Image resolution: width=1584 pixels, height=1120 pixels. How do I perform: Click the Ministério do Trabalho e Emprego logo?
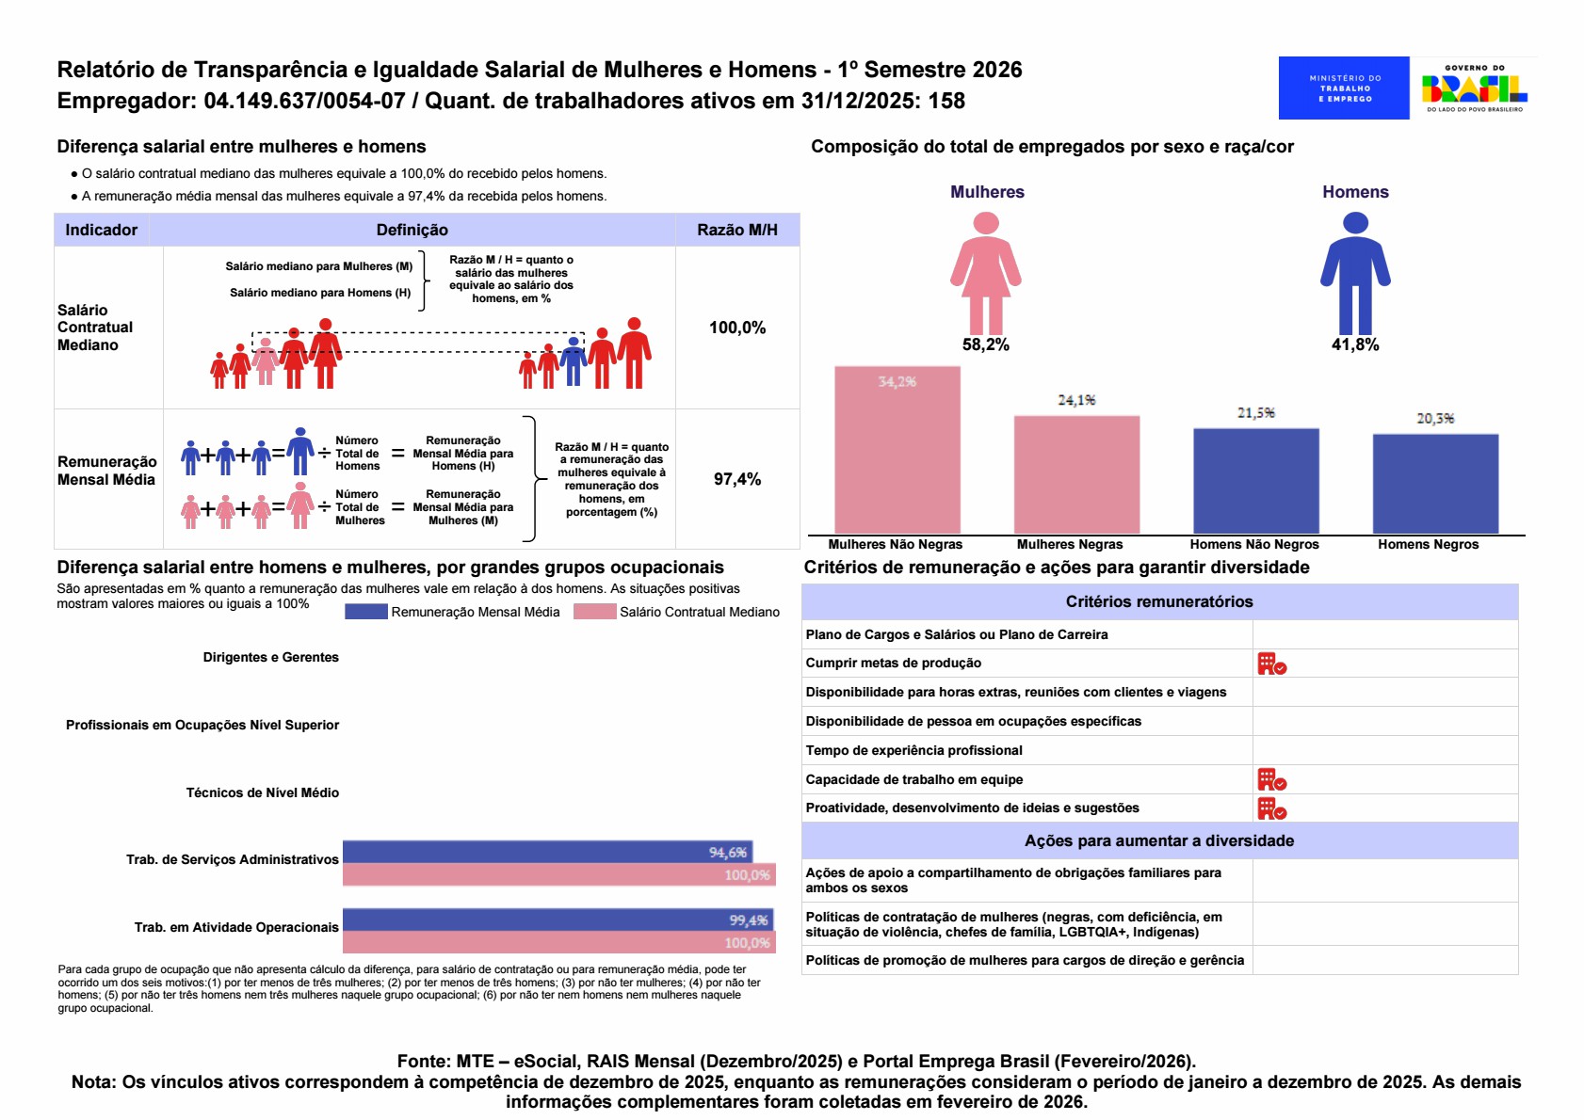coord(1343,88)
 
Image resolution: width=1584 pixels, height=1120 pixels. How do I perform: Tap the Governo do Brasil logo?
coord(1474,88)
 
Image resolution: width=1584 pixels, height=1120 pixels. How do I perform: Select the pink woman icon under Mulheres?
coord(986,273)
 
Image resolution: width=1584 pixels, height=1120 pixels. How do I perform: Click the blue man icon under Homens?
coord(1355,273)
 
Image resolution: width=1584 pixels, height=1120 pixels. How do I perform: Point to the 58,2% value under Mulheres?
coord(986,345)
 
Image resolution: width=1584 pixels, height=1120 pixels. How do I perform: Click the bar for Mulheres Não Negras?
coord(897,450)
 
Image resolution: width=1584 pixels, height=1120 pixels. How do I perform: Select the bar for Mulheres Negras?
coord(1076,474)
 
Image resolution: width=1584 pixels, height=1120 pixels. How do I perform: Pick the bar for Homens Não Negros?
coord(1255,481)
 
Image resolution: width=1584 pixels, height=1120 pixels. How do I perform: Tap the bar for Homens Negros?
coord(1435,484)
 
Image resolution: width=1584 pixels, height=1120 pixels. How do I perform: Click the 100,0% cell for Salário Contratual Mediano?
coord(737,328)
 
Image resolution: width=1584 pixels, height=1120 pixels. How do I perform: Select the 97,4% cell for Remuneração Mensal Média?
coord(737,479)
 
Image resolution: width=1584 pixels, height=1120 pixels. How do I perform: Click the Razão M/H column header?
coord(737,230)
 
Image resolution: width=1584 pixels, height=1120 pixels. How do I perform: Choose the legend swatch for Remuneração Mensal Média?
coord(365,612)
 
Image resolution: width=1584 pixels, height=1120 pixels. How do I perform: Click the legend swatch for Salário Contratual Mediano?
coord(594,612)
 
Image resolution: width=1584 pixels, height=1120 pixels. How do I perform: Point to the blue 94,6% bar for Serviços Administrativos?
coord(546,852)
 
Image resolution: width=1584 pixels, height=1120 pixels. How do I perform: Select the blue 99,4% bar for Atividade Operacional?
coord(558,920)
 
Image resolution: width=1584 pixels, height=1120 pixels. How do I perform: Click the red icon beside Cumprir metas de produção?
coord(1271,664)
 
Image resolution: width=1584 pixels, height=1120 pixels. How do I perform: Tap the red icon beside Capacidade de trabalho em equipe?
coord(1271,779)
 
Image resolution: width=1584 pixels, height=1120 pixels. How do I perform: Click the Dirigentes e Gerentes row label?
coord(270,657)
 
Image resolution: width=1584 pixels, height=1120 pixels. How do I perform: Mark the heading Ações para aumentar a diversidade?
coord(1159,840)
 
